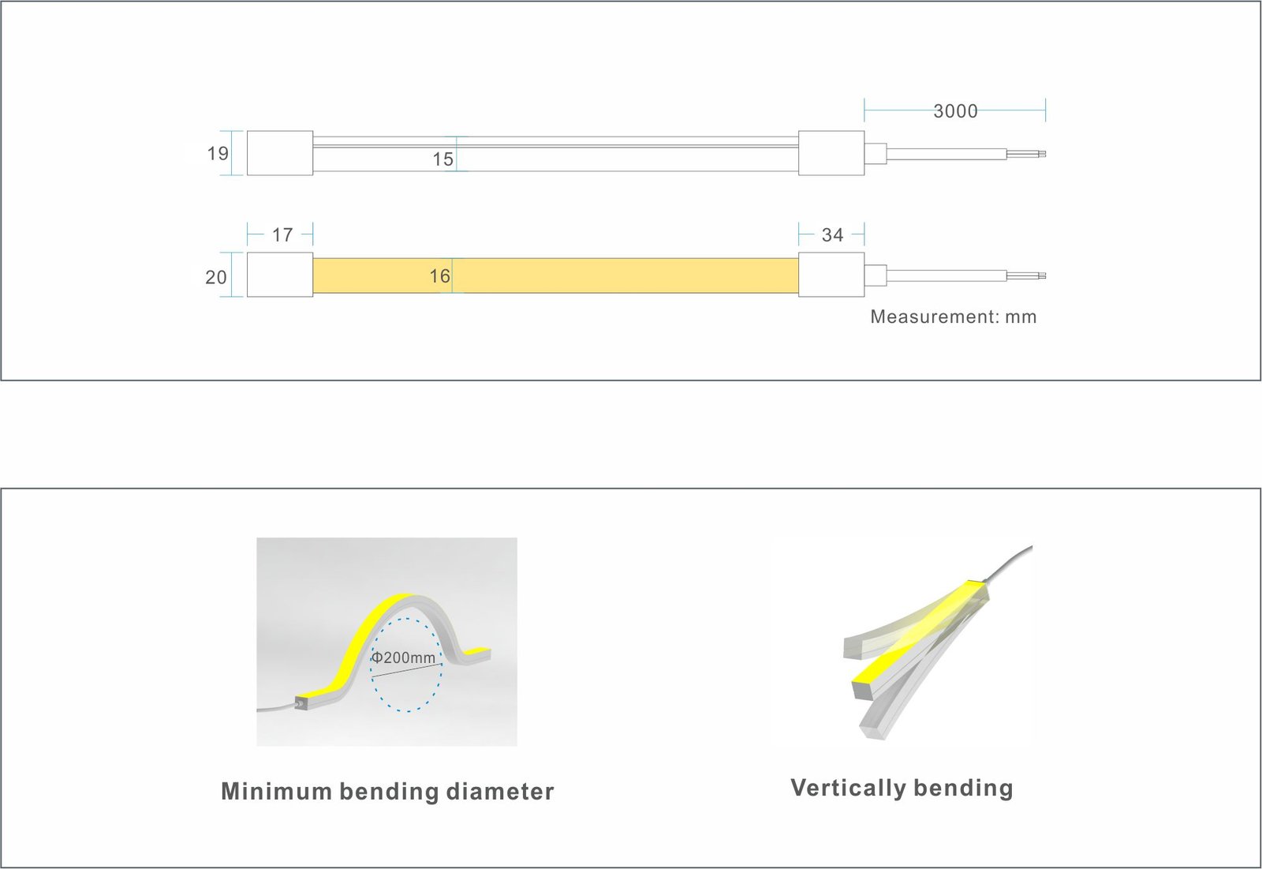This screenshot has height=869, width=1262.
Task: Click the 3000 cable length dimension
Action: pyautogui.click(x=955, y=111)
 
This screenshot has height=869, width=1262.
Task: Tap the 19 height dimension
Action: pyautogui.click(x=218, y=153)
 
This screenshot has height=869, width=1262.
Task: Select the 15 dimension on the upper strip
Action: pyautogui.click(x=442, y=159)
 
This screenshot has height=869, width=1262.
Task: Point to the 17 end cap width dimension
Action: pyautogui.click(x=282, y=234)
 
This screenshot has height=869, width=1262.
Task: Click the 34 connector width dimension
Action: pyautogui.click(x=832, y=234)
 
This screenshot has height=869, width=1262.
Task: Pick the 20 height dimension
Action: pyautogui.click(x=216, y=277)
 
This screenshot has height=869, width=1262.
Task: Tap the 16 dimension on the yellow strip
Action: pyautogui.click(x=440, y=275)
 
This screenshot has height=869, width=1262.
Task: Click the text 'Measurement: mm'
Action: pyautogui.click(x=954, y=317)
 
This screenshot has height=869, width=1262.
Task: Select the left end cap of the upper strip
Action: pyautogui.click(x=280, y=153)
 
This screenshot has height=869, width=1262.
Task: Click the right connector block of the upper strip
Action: pyautogui.click(x=831, y=153)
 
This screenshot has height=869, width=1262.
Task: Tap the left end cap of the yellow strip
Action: pyautogui.click(x=280, y=275)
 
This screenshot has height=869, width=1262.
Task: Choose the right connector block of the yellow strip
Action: pyautogui.click(x=831, y=275)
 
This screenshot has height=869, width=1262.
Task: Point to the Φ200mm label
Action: pyautogui.click(x=403, y=657)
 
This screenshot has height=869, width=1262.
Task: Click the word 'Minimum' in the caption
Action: pyautogui.click(x=276, y=791)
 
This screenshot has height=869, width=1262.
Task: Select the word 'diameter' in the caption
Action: pyautogui.click(x=500, y=791)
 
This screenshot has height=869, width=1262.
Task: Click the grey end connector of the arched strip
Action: pyautogui.click(x=301, y=702)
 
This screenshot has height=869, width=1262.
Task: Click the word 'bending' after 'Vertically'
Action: pyautogui.click(x=963, y=788)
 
